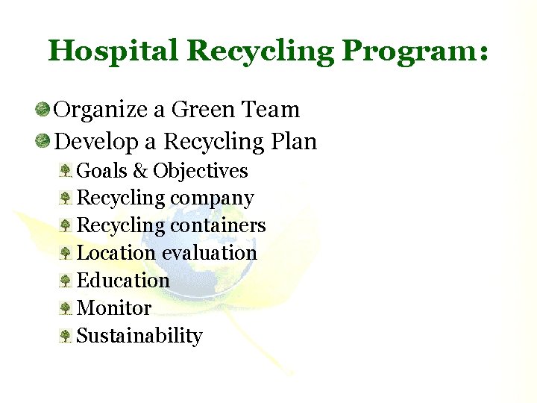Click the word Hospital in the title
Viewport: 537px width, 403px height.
113,51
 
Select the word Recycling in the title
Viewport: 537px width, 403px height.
260,51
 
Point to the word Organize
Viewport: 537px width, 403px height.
101,110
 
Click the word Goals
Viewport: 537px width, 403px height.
102,171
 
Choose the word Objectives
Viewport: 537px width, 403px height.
201,171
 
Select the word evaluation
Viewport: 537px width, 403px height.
210,253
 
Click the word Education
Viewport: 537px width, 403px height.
123,281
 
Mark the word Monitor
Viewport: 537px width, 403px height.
114,308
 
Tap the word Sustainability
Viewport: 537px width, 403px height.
139,336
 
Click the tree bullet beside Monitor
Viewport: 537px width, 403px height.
66,308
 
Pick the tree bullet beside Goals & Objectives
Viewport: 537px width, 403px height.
66,171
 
